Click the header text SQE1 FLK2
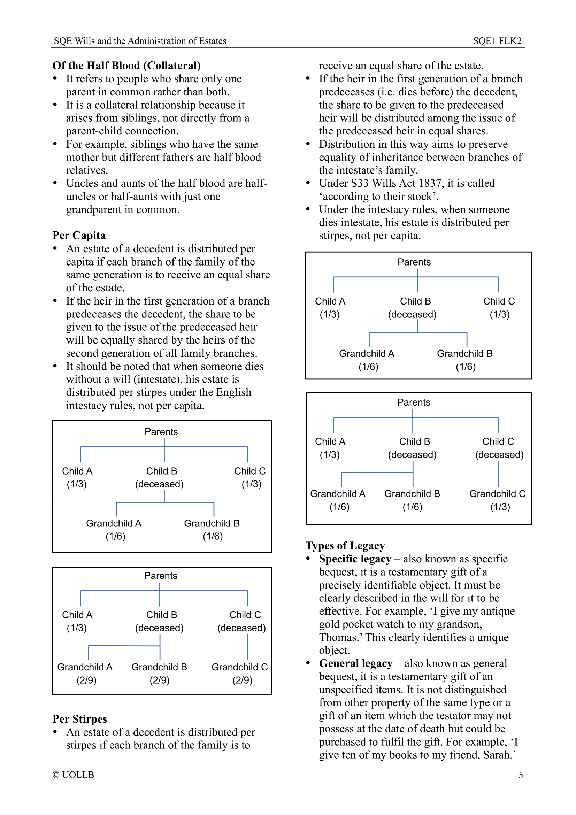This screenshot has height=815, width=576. (497, 41)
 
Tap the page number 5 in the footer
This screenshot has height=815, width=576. (520, 775)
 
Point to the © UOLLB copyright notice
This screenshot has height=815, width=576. (73, 775)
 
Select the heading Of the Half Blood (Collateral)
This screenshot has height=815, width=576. (126, 66)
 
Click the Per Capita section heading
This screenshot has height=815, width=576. (79, 236)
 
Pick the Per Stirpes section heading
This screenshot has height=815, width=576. (79, 719)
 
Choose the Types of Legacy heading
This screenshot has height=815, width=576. (345, 546)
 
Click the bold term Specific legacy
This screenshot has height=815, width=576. (354, 559)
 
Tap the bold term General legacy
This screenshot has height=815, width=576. (355, 663)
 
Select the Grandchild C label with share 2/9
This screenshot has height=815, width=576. (239, 667)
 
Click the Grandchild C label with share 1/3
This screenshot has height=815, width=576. (497, 494)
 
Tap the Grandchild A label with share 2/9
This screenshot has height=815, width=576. (85, 667)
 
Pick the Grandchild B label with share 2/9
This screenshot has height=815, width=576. (159, 667)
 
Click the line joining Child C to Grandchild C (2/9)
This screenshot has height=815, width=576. (247, 647)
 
